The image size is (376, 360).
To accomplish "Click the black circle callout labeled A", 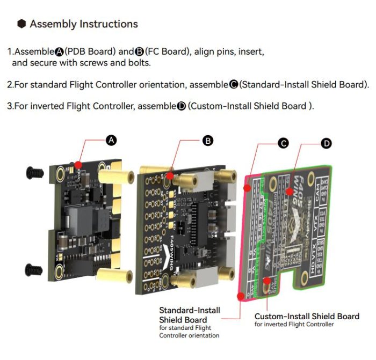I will (x=111, y=140).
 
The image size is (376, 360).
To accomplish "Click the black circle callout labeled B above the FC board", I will (x=207, y=141).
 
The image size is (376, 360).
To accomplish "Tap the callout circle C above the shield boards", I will (x=283, y=143).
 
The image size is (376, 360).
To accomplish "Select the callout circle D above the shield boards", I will (x=326, y=143).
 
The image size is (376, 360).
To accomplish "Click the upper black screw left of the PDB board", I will (x=34, y=172).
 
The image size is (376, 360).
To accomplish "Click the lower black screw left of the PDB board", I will (x=34, y=267).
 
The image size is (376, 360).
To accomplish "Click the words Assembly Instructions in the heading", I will (x=84, y=24).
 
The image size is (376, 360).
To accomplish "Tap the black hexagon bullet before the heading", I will (x=21, y=24).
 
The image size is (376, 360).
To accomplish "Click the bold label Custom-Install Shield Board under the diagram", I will (x=307, y=317).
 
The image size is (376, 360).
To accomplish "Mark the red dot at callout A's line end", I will (x=78, y=165).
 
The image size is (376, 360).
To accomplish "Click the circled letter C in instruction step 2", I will (x=233, y=84).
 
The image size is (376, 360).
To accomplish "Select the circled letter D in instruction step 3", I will (x=181, y=106).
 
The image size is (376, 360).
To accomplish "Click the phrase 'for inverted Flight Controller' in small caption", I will (x=294, y=325).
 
